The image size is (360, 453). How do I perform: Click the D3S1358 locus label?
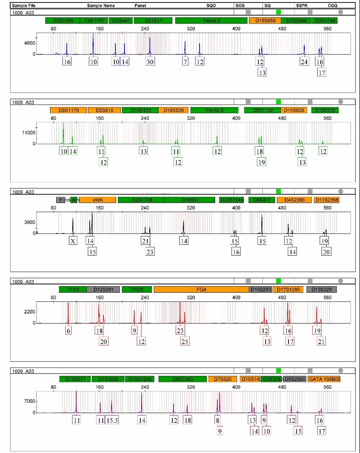63,21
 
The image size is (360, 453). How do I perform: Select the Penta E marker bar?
212,21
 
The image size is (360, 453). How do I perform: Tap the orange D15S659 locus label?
265,21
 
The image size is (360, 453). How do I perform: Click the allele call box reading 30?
150,62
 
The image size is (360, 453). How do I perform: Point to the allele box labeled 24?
304,62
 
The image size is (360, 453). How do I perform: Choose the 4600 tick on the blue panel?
29,43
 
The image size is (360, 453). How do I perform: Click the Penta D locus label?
214,110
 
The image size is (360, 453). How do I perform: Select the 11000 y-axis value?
29,133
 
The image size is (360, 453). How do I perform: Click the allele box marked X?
73,241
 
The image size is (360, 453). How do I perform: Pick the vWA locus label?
98,200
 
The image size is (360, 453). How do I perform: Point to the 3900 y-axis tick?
29,222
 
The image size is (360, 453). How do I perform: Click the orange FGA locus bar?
201,290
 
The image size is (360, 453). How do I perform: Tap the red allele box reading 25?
185,341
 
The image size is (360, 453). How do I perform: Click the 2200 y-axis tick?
29,312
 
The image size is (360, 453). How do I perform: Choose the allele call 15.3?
112,420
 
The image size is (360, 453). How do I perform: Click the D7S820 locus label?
222,379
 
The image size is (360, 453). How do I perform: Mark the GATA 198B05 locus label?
324,379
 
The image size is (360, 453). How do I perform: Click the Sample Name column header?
101,5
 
